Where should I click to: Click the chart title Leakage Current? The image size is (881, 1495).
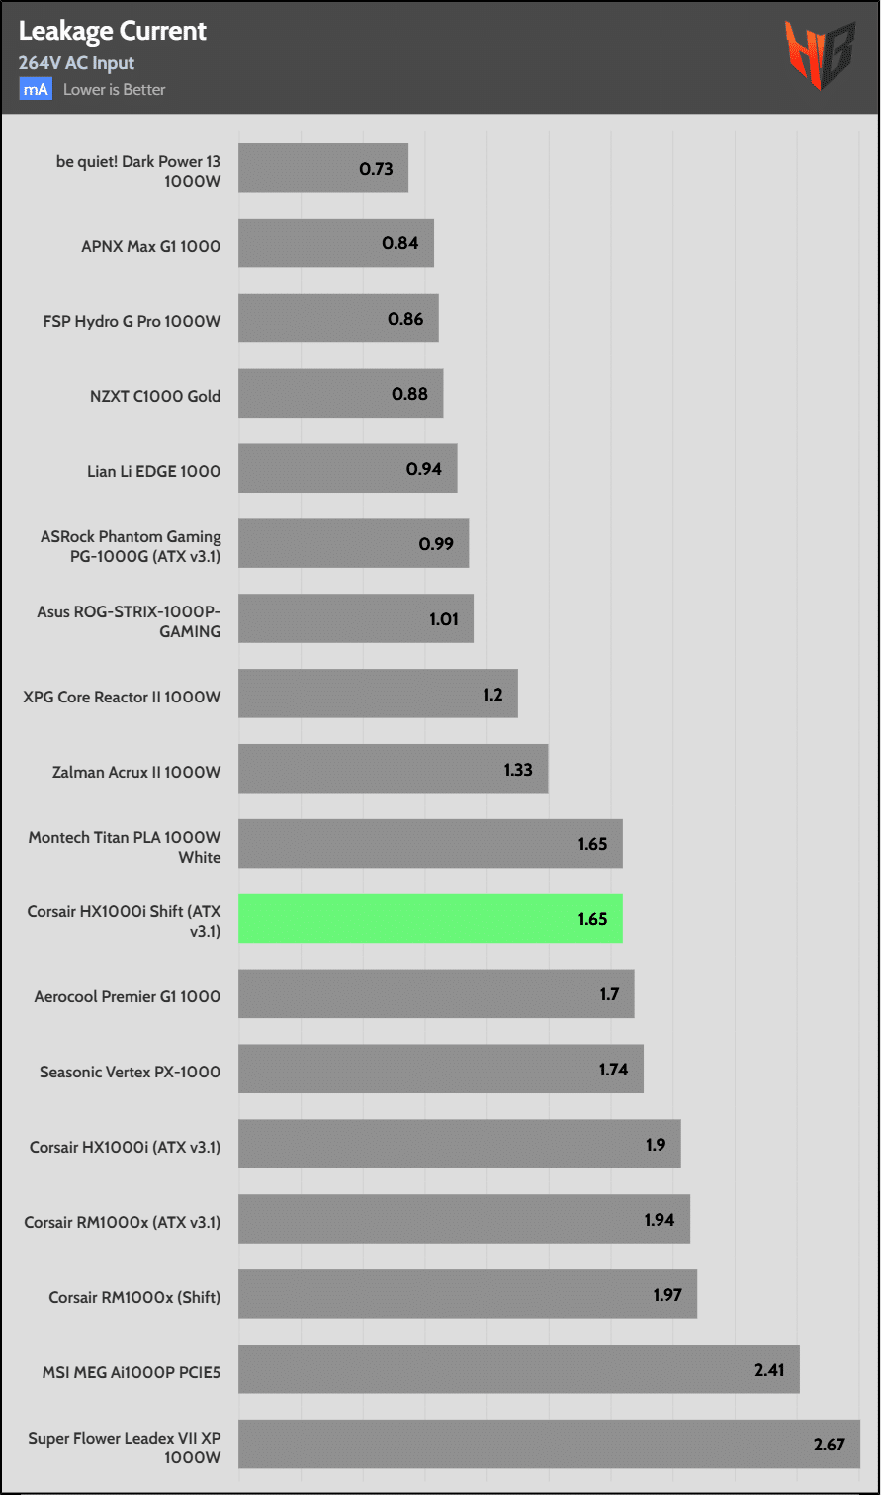coord(113,32)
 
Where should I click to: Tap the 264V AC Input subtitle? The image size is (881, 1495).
coord(76,63)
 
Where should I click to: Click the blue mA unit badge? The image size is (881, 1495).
coord(36,89)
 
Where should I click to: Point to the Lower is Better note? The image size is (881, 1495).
coord(114,89)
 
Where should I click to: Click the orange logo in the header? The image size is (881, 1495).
coord(820,55)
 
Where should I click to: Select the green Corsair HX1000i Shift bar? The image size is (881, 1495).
coord(430,918)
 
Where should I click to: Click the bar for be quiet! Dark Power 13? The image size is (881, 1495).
coord(322,168)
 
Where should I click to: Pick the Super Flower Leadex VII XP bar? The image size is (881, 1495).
coord(549,1444)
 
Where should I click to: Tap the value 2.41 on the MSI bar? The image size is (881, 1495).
coord(769,1370)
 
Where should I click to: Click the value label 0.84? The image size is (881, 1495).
coord(400,243)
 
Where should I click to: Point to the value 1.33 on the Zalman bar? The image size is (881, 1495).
coord(518,769)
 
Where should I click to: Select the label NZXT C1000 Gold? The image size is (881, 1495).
coord(155,396)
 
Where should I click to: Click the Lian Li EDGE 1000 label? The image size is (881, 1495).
coord(153,471)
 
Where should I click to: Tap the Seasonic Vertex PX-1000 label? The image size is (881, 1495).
coord(130,1072)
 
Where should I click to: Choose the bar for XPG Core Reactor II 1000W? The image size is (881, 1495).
coord(378,694)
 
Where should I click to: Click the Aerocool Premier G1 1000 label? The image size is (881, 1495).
coord(128,996)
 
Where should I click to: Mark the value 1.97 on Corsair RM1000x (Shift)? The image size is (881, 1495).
coord(667,1294)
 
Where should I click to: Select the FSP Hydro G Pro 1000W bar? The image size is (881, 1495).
coord(338,319)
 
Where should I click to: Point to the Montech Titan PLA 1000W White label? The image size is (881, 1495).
coord(125,847)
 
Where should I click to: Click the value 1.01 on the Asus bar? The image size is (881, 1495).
coord(444,619)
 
